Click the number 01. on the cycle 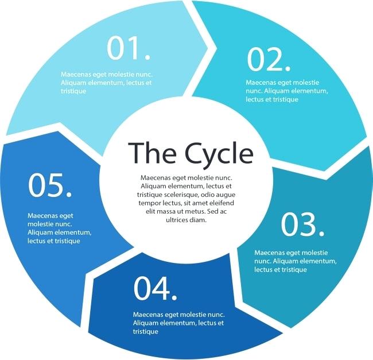[x=129, y=49]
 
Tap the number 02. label [x=269, y=59]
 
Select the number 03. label [x=302, y=225]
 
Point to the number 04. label [x=155, y=289]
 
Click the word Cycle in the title [x=219, y=153]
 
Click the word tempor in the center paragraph [x=151, y=204]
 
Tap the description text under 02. [x=286, y=91]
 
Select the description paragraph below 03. [x=291, y=261]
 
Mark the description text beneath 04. [x=178, y=323]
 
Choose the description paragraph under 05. [x=59, y=228]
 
